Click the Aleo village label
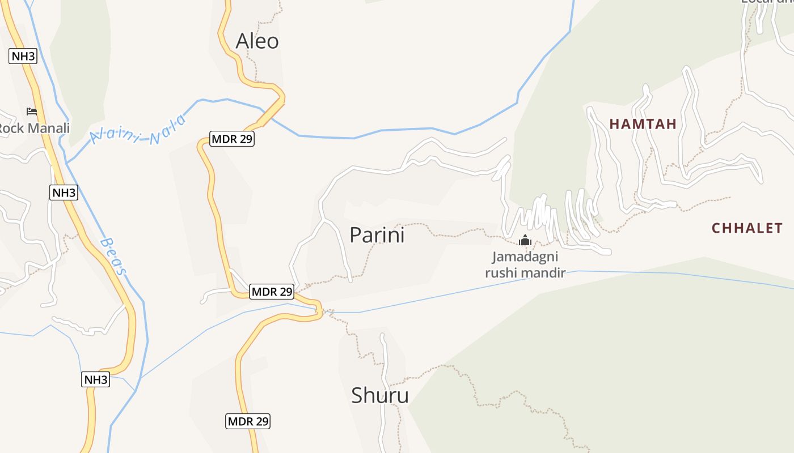pyautogui.click(x=257, y=41)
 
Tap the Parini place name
pyautogui.click(x=377, y=235)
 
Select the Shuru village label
pyautogui.click(x=379, y=395)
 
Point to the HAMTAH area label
pyautogui.click(x=643, y=124)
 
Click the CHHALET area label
pyautogui.click(x=747, y=228)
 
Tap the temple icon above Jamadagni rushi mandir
pyautogui.click(x=525, y=240)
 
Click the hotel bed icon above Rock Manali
pyautogui.click(x=32, y=112)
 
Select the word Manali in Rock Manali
pyautogui.click(x=48, y=128)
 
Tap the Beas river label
pyautogui.click(x=113, y=256)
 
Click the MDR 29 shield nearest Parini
pyautogui.click(x=272, y=292)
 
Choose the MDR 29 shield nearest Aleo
pyautogui.click(x=232, y=139)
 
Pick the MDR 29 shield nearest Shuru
pyautogui.click(x=248, y=421)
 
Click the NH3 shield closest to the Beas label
pyautogui.click(x=64, y=193)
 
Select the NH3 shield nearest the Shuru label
pyautogui.click(x=95, y=379)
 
